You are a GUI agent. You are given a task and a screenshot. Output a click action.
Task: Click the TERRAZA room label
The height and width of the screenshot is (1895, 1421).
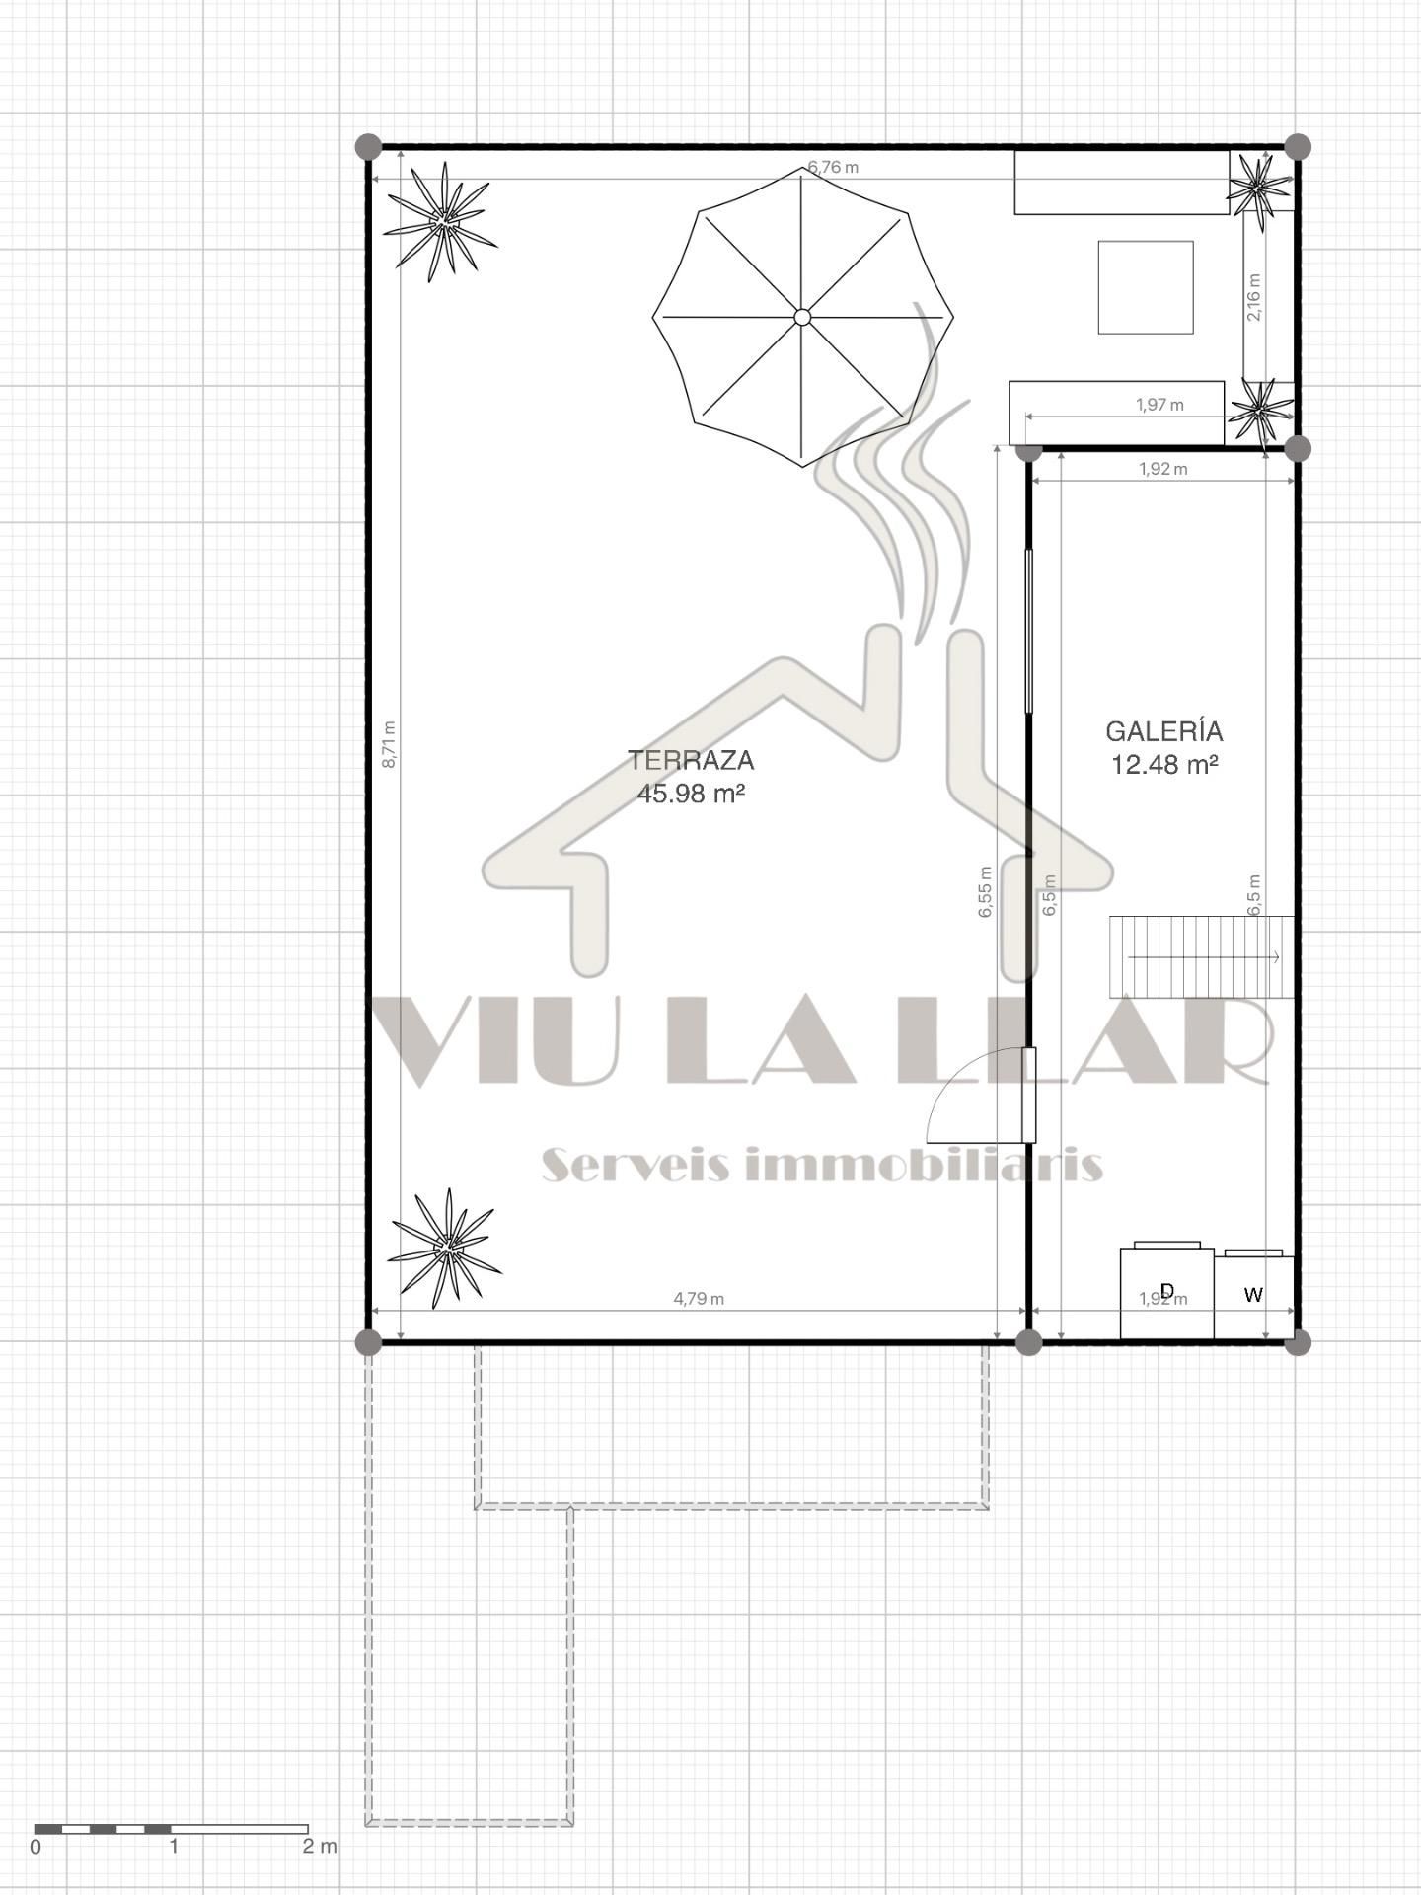[x=691, y=760]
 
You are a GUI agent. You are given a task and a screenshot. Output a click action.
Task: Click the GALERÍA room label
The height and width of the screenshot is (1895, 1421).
[x=1163, y=731]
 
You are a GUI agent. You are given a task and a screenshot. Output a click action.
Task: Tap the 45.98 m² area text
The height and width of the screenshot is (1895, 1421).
[x=690, y=793]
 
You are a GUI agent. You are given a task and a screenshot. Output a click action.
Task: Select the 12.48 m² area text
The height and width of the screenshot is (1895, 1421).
[x=1163, y=764]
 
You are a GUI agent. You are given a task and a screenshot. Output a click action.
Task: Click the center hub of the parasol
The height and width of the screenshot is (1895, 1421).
[x=802, y=317]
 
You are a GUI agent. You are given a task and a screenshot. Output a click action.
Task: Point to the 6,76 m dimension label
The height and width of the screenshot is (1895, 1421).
[x=833, y=167]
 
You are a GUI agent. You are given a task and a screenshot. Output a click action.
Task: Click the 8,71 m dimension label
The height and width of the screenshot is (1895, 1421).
[x=389, y=744]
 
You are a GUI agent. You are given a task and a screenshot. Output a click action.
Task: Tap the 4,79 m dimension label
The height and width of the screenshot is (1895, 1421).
[x=699, y=1299]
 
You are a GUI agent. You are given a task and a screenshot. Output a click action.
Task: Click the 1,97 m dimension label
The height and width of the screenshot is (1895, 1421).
[x=1159, y=405]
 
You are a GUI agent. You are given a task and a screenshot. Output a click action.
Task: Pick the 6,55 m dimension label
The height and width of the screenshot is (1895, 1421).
[x=985, y=892]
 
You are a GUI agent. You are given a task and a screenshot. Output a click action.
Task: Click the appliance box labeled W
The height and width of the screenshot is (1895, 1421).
[x=1253, y=1296]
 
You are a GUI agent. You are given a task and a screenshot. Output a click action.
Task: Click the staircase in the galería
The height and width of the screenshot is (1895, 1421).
[x=1201, y=956]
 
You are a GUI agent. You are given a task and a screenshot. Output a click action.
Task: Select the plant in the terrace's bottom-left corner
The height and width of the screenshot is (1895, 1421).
[x=445, y=1248]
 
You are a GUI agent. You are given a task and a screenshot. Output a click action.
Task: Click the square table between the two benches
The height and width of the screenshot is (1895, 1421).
[x=1146, y=287]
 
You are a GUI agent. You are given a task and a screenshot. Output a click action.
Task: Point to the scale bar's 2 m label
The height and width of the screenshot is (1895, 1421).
[x=320, y=1846]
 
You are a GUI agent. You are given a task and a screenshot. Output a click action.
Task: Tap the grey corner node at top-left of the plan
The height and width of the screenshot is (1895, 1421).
[x=368, y=147]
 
